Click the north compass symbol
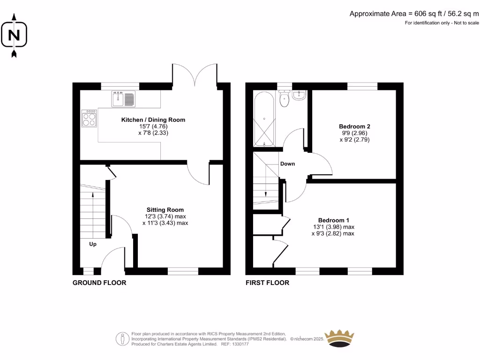coord(14,36)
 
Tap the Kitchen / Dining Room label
coord(153,120)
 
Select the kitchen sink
coord(123,99)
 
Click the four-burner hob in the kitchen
coord(89,118)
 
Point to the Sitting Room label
coord(165,210)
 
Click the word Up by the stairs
coord(93,244)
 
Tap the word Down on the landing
coord(287,164)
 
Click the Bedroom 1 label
coord(333,220)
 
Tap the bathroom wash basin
coord(299,96)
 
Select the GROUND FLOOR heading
coord(99,283)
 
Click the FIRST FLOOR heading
coord(268,283)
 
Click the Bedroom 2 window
coord(362,86)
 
